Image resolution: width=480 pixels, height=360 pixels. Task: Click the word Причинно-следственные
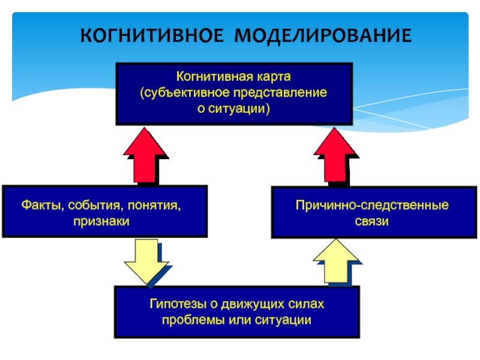[x=372, y=206]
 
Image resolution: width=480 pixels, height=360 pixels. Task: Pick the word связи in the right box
[x=372, y=222]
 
